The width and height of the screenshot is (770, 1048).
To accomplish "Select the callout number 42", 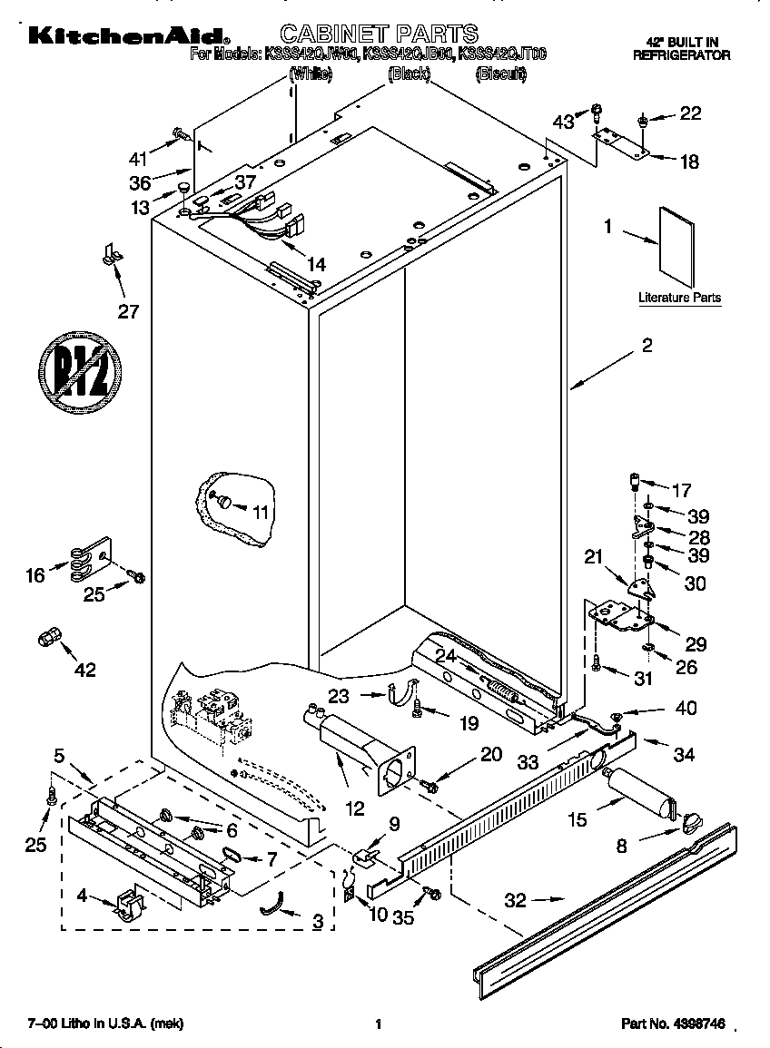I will coord(85,670).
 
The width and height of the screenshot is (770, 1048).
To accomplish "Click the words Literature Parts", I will coord(679,298).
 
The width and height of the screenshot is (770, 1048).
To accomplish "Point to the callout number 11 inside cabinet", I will coord(261,512).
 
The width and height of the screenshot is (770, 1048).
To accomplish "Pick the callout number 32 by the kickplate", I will coord(514,900).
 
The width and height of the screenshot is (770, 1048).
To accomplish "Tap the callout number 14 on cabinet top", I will coord(315,265).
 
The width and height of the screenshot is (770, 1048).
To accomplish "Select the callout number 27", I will coord(128,312).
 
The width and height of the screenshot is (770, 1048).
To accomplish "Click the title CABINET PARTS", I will coord(378,34).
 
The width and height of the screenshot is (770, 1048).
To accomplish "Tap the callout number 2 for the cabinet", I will coord(647,345).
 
